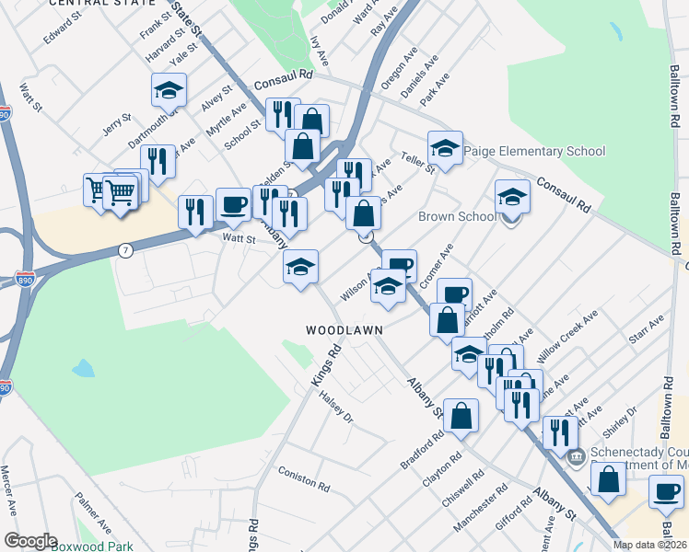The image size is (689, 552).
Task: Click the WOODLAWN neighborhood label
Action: point(344,329)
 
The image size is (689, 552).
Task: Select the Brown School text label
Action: point(457,217)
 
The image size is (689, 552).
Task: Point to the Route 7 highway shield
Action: point(126,249)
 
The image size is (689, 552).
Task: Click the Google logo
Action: point(30,541)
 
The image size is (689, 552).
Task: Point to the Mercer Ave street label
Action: point(11,495)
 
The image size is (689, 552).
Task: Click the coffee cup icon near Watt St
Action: point(233,204)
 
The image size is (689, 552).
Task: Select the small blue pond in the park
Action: point(83,369)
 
